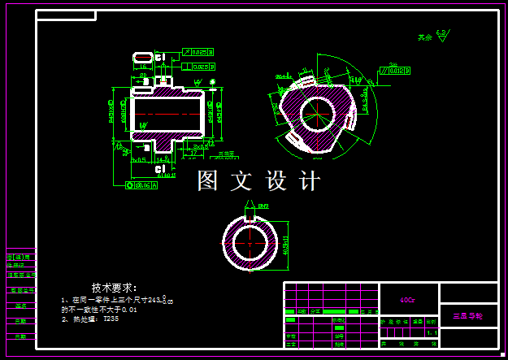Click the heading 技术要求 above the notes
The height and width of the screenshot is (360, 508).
pos(114,288)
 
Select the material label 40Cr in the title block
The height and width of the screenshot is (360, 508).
pos(408,300)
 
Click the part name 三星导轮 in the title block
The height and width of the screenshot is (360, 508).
pos(467,315)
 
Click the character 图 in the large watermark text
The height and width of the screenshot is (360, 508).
pos(209,180)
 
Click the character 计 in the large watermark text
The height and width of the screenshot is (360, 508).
pos(310,180)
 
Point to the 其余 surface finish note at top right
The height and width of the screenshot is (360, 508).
pos(425,37)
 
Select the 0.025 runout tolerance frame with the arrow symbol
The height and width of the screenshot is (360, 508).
pos(198,52)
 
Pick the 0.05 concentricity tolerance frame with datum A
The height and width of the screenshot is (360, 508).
pos(141,185)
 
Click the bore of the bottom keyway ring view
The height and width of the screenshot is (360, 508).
pos(251,244)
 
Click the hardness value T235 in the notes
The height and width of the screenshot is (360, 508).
pos(111,319)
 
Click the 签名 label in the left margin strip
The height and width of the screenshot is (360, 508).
pos(20,306)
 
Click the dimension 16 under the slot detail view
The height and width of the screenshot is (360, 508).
pos(143,67)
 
